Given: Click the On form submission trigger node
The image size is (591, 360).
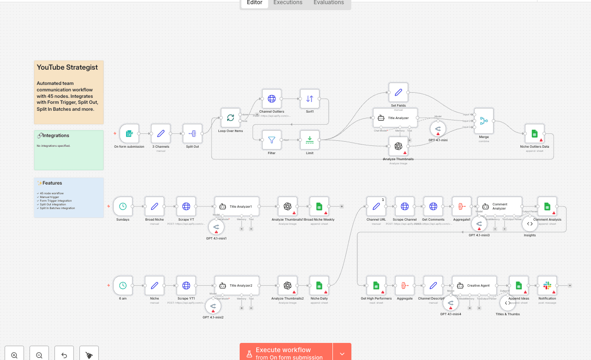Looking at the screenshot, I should tap(129, 133).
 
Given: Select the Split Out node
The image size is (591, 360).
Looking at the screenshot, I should tap(193, 133).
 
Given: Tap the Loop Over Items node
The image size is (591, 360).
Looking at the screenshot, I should tap(230, 118).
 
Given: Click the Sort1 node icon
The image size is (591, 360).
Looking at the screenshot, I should tap(310, 99).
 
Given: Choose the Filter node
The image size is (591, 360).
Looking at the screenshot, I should tap(271, 140).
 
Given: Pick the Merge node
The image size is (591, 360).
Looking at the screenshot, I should tap(483, 121).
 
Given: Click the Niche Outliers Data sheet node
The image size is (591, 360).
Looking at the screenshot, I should tap(534, 133).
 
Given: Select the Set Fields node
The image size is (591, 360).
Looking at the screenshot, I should tap(398, 92).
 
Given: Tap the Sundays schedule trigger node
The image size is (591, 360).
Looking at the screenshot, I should tap(123, 206).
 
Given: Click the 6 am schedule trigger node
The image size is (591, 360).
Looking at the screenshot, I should tap(123, 286).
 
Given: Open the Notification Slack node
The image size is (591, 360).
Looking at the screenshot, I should tap(547, 286).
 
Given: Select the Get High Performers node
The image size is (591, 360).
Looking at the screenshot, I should tap(376, 286).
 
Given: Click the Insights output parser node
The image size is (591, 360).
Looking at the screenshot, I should tap(530, 224).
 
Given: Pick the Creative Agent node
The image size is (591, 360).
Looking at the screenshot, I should tap(475, 286).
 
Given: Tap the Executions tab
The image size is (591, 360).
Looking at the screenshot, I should tap(288, 3).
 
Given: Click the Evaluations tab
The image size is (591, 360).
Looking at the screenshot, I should tap(329, 3).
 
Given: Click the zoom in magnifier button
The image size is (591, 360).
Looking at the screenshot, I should tap(14, 355).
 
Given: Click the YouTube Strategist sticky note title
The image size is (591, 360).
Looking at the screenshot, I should tap(67, 67).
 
